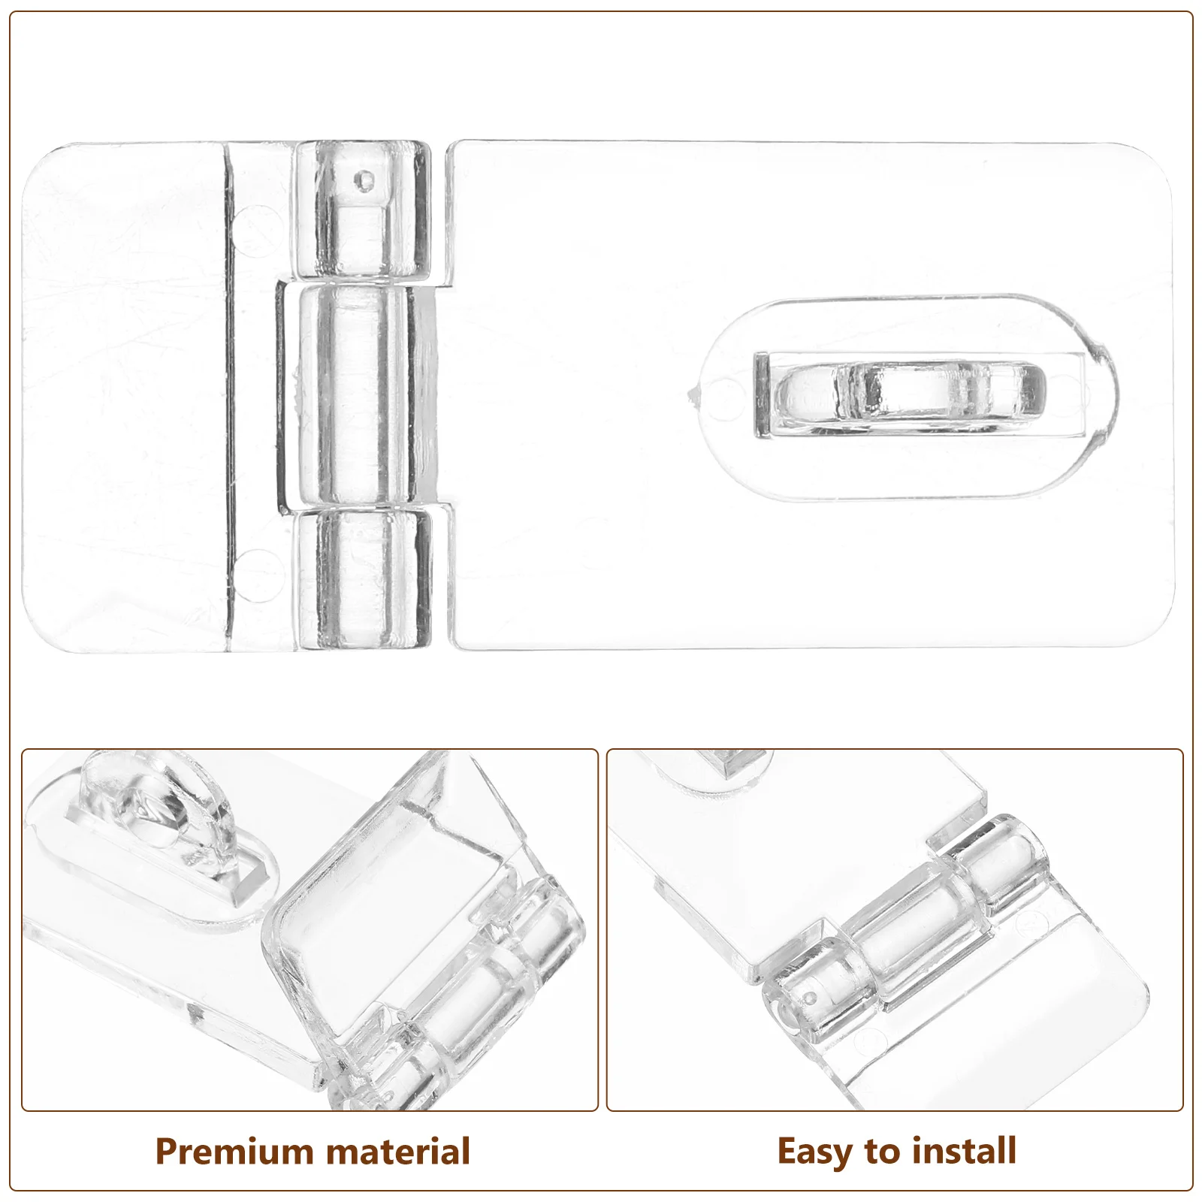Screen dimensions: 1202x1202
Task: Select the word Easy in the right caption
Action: [x=817, y=1151]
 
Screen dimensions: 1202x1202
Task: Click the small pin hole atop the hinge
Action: [x=366, y=180]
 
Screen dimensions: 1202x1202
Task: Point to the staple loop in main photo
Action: [x=911, y=392]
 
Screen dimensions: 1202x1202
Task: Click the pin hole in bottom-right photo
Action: [x=811, y=998]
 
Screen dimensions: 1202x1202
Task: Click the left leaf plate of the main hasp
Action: [x=124, y=398]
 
